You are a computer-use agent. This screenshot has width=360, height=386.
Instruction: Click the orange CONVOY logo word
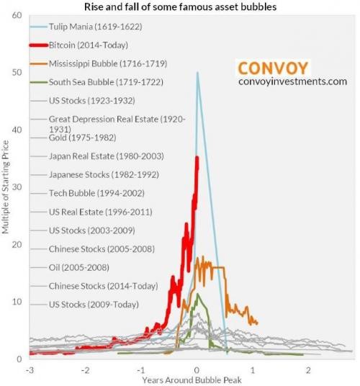pyautogui.click(x=273, y=68)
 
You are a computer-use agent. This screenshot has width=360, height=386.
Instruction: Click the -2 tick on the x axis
pyautogui.click(x=85, y=369)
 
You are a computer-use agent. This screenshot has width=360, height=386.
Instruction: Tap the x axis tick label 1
pyautogui.click(x=252, y=369)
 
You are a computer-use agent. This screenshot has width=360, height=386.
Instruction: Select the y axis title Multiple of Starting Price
pyautogui.click(x=6, y=187)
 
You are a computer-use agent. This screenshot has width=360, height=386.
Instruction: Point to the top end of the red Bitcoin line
pyautogui.click(x=197, y=158)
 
